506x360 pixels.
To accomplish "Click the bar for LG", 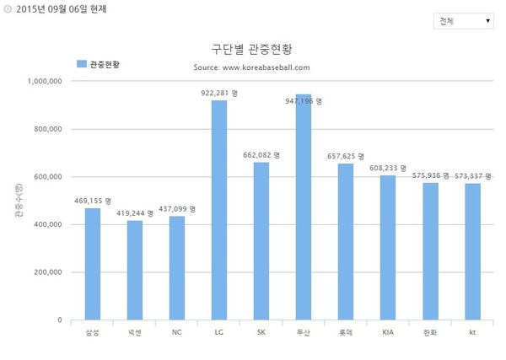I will click(219, 211).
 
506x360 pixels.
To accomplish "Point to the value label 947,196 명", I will click(304, 100).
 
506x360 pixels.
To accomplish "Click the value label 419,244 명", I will click(135, 213).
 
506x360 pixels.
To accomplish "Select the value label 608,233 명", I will click(388, 169).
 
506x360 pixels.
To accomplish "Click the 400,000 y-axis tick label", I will click(47, 225).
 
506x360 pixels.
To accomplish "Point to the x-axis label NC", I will click(176, 333).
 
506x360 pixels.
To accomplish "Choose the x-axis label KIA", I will click(388, 333).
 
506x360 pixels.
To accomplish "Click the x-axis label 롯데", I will click(345, 333).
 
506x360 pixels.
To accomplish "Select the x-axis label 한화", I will click(430, 333).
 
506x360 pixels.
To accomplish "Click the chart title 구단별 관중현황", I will click(252, 49).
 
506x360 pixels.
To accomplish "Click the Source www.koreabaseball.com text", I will click(251, 66).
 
